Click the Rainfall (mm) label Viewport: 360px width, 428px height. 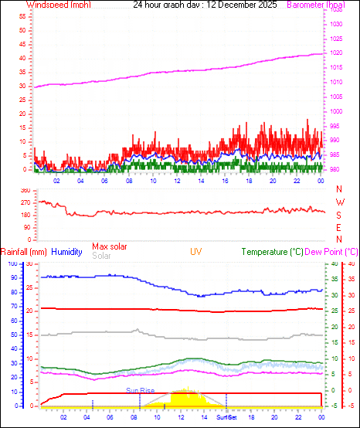tap(24, 252)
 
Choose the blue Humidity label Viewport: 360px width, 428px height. tap(67, 252)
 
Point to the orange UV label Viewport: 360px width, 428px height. tap(196, 252)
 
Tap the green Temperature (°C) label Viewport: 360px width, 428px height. tap(273, 252)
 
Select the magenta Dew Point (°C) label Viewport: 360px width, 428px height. tap(332, 252)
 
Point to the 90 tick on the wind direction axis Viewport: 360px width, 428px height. tap(26, 227)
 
